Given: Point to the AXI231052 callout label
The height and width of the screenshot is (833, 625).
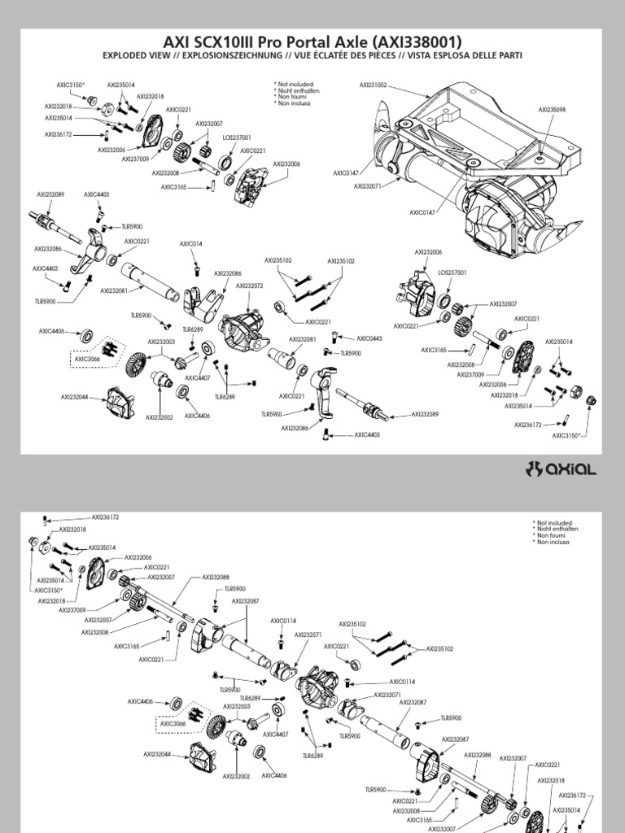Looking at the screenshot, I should point(374,85).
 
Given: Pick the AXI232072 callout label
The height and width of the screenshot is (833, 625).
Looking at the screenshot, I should point(249,286).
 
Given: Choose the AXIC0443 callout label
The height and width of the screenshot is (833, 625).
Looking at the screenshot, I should point(369,338).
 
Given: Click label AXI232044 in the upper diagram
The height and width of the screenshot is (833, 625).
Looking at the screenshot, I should point(74,397).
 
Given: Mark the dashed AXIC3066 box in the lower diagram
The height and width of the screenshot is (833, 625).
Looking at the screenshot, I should point(173,723).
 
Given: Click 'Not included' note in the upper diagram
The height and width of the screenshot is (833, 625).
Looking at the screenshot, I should point(294,83).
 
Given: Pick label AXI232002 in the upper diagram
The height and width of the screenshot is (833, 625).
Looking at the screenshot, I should point(159,416).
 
